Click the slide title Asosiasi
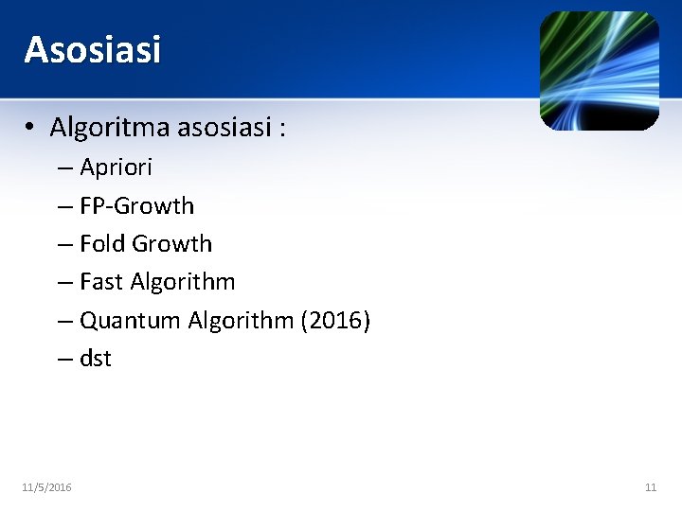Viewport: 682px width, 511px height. pyautogui.click(x=93, y=49)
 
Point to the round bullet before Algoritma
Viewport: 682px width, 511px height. pyautogui.click(x=31, y=127)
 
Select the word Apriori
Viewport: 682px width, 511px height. pyautogui.click(x=116, y=168)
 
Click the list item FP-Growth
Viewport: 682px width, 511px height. pyautogui.click(x=136, y=206)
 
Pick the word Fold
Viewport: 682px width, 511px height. pyautogui.click(x=102, y=244)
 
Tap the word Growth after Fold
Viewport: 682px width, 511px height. pyautogui.click(x=172, y=244)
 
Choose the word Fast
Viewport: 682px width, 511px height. pyautogui.click(x=102, y=282)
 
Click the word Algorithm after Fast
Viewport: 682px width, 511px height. pyautogui.click(x=183, y=282)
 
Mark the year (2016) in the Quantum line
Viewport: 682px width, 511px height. pyautogui.click(x=335, y=321)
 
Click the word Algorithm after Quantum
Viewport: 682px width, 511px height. pyautogui.click(x=241, y=321)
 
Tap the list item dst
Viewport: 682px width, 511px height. pyautogui.click(x=96, y=359)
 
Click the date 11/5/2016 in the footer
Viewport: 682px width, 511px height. pyautogui.click(x=46, y=487)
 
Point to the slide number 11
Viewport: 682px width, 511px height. pyautogui.click(x=650, y=487)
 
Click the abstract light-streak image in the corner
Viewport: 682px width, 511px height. pyautogui.click(x=599, y=71)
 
